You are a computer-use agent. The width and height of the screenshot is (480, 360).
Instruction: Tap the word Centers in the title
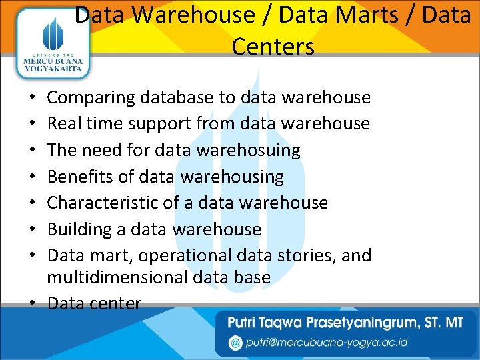[x=273, y=47]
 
